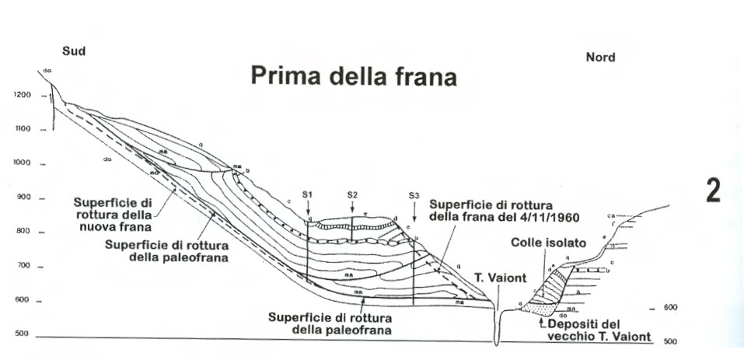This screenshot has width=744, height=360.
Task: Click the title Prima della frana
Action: pos(353,77)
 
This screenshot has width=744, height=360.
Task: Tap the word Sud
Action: pos(73,52)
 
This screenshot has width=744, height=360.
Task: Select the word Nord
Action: pos(599,57)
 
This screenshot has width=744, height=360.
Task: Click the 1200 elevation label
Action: pos(22,95)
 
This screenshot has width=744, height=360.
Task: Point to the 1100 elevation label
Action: pos(22,129)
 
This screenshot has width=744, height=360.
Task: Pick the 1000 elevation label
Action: pos(22,163)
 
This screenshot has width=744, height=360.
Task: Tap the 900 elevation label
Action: pos(22,197)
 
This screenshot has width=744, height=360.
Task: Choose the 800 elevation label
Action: pos(22,232)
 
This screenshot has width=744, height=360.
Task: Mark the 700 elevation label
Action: pos(22,266)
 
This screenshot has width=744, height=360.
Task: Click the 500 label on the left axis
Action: pos(22,334)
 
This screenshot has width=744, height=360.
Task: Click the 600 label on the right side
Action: pos(670,308)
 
